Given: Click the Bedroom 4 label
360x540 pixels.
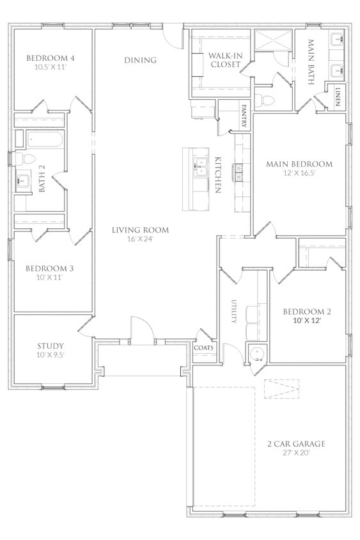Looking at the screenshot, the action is pos(51,58).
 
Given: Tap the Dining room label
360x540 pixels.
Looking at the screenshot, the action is pos(141,60).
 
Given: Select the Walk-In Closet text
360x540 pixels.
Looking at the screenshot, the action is pos(226,60).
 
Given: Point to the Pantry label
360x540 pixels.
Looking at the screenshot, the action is pos(244,116).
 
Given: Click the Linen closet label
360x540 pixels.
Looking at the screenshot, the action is pos(338,97).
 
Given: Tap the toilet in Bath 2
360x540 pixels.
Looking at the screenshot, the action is pos(26,159).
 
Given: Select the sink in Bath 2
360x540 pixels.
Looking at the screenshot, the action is pos(24,180).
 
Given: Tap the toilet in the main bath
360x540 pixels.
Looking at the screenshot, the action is pos(265,100).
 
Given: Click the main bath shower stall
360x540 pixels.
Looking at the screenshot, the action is pos(274,41).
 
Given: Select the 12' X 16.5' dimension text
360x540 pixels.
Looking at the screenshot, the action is pos(299,173).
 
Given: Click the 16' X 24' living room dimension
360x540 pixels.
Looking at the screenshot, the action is pos(140,239).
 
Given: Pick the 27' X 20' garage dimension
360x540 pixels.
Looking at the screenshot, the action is pos(296,452).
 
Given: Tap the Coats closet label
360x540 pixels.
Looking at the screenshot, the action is pos(204,347).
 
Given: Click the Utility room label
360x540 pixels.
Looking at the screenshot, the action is pos(234,311).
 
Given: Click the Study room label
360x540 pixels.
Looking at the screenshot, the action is pos(51,345).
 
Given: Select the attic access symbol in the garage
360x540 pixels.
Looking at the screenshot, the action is pos(281,389).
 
